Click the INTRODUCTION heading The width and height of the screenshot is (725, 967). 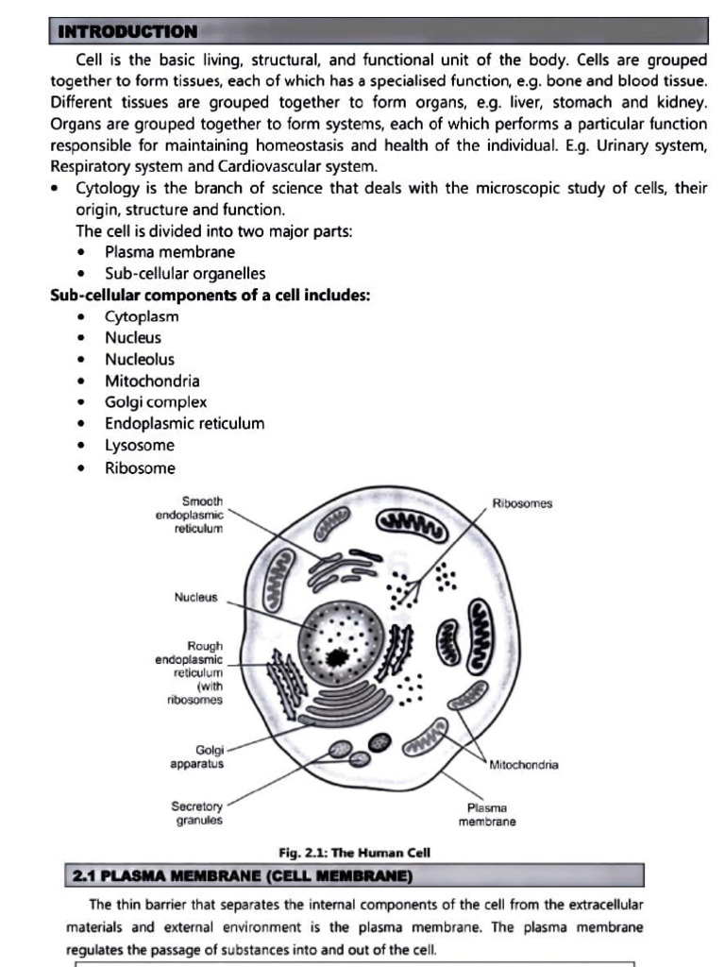(128, 32)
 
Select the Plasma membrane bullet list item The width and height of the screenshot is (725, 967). (170, 252)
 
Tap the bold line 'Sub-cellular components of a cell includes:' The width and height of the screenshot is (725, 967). (210, 295)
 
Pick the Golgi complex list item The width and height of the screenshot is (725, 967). (156, 402)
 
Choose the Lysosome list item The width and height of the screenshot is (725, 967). (140, 445)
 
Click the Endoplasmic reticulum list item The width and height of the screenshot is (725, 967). (184, 424)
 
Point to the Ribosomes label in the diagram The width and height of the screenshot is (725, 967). (522, 503)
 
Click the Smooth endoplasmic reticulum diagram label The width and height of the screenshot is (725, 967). (190, 515)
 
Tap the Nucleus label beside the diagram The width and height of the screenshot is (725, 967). (195, 598)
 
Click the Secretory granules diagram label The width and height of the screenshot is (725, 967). (197, 813)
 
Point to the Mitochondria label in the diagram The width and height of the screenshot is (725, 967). (524, 765)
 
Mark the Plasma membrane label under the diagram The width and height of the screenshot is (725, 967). (487, 815)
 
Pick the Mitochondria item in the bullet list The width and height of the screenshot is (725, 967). (152, 381)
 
